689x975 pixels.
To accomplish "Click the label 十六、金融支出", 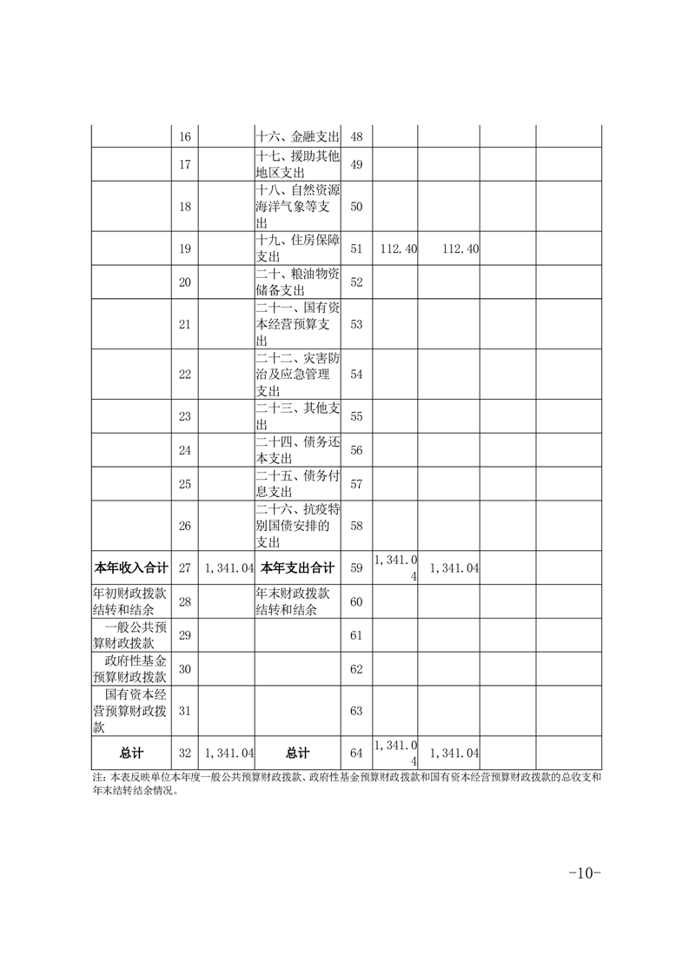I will (x=298, y=137).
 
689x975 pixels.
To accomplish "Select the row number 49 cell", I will (x=356, y=165).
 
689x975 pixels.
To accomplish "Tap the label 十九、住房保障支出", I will (x=298, y=249).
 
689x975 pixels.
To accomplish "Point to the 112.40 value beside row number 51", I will (x=399, y=249).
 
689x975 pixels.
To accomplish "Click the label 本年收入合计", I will (x=130, y=567).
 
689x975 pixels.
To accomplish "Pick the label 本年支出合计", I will (x=298, y=567).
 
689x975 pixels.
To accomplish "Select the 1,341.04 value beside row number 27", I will (x=229, y=567).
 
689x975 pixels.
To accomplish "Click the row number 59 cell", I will (x=356, y=567).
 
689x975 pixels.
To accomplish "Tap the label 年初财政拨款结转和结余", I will (x=130, y=601).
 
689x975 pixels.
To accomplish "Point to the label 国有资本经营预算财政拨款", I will (x=130, y=711).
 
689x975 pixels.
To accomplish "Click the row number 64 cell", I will (x=356, y=753).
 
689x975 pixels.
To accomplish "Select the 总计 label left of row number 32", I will (x=130, y=753).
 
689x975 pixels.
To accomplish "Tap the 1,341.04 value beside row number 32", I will (x=229, y=753).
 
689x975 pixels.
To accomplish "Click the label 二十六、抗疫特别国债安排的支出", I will (x=298, y=526).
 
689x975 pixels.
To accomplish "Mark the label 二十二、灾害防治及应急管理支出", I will (x=298, y=374).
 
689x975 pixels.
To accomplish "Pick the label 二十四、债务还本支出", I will (x=298, y=450).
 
